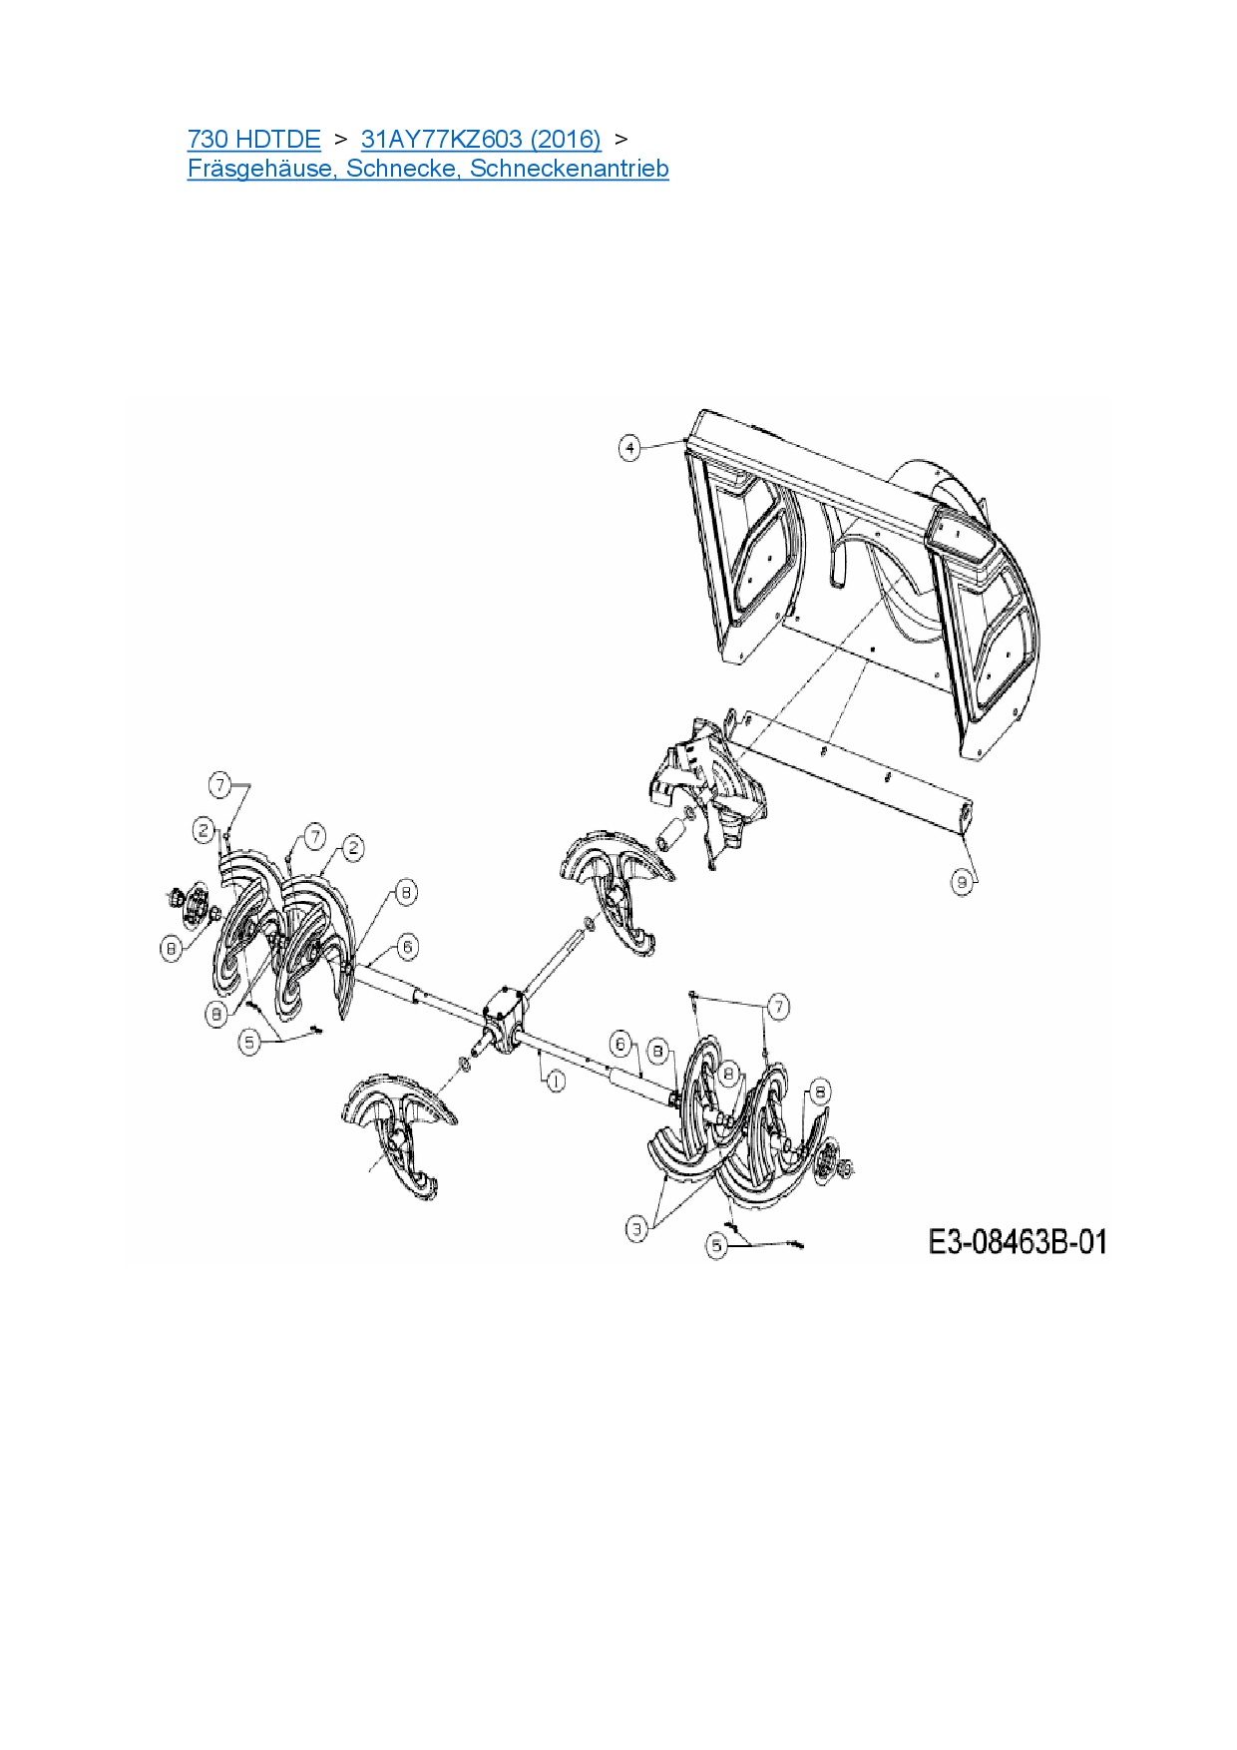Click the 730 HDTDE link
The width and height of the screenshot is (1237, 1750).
[x=253, y=139]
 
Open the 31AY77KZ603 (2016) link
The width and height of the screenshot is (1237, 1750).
[x=481, y=139]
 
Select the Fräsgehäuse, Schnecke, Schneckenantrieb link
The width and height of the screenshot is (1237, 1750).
[x=428, y=169]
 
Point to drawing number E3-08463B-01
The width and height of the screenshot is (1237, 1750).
[x=1018, y=1242]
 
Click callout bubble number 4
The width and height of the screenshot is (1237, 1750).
[x=629, y=448]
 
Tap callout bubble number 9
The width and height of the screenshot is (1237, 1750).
[x=963, y=882]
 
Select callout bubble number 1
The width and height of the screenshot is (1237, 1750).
[x=555, y=1080]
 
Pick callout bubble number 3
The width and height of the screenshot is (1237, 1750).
[x=637, y=1229]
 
